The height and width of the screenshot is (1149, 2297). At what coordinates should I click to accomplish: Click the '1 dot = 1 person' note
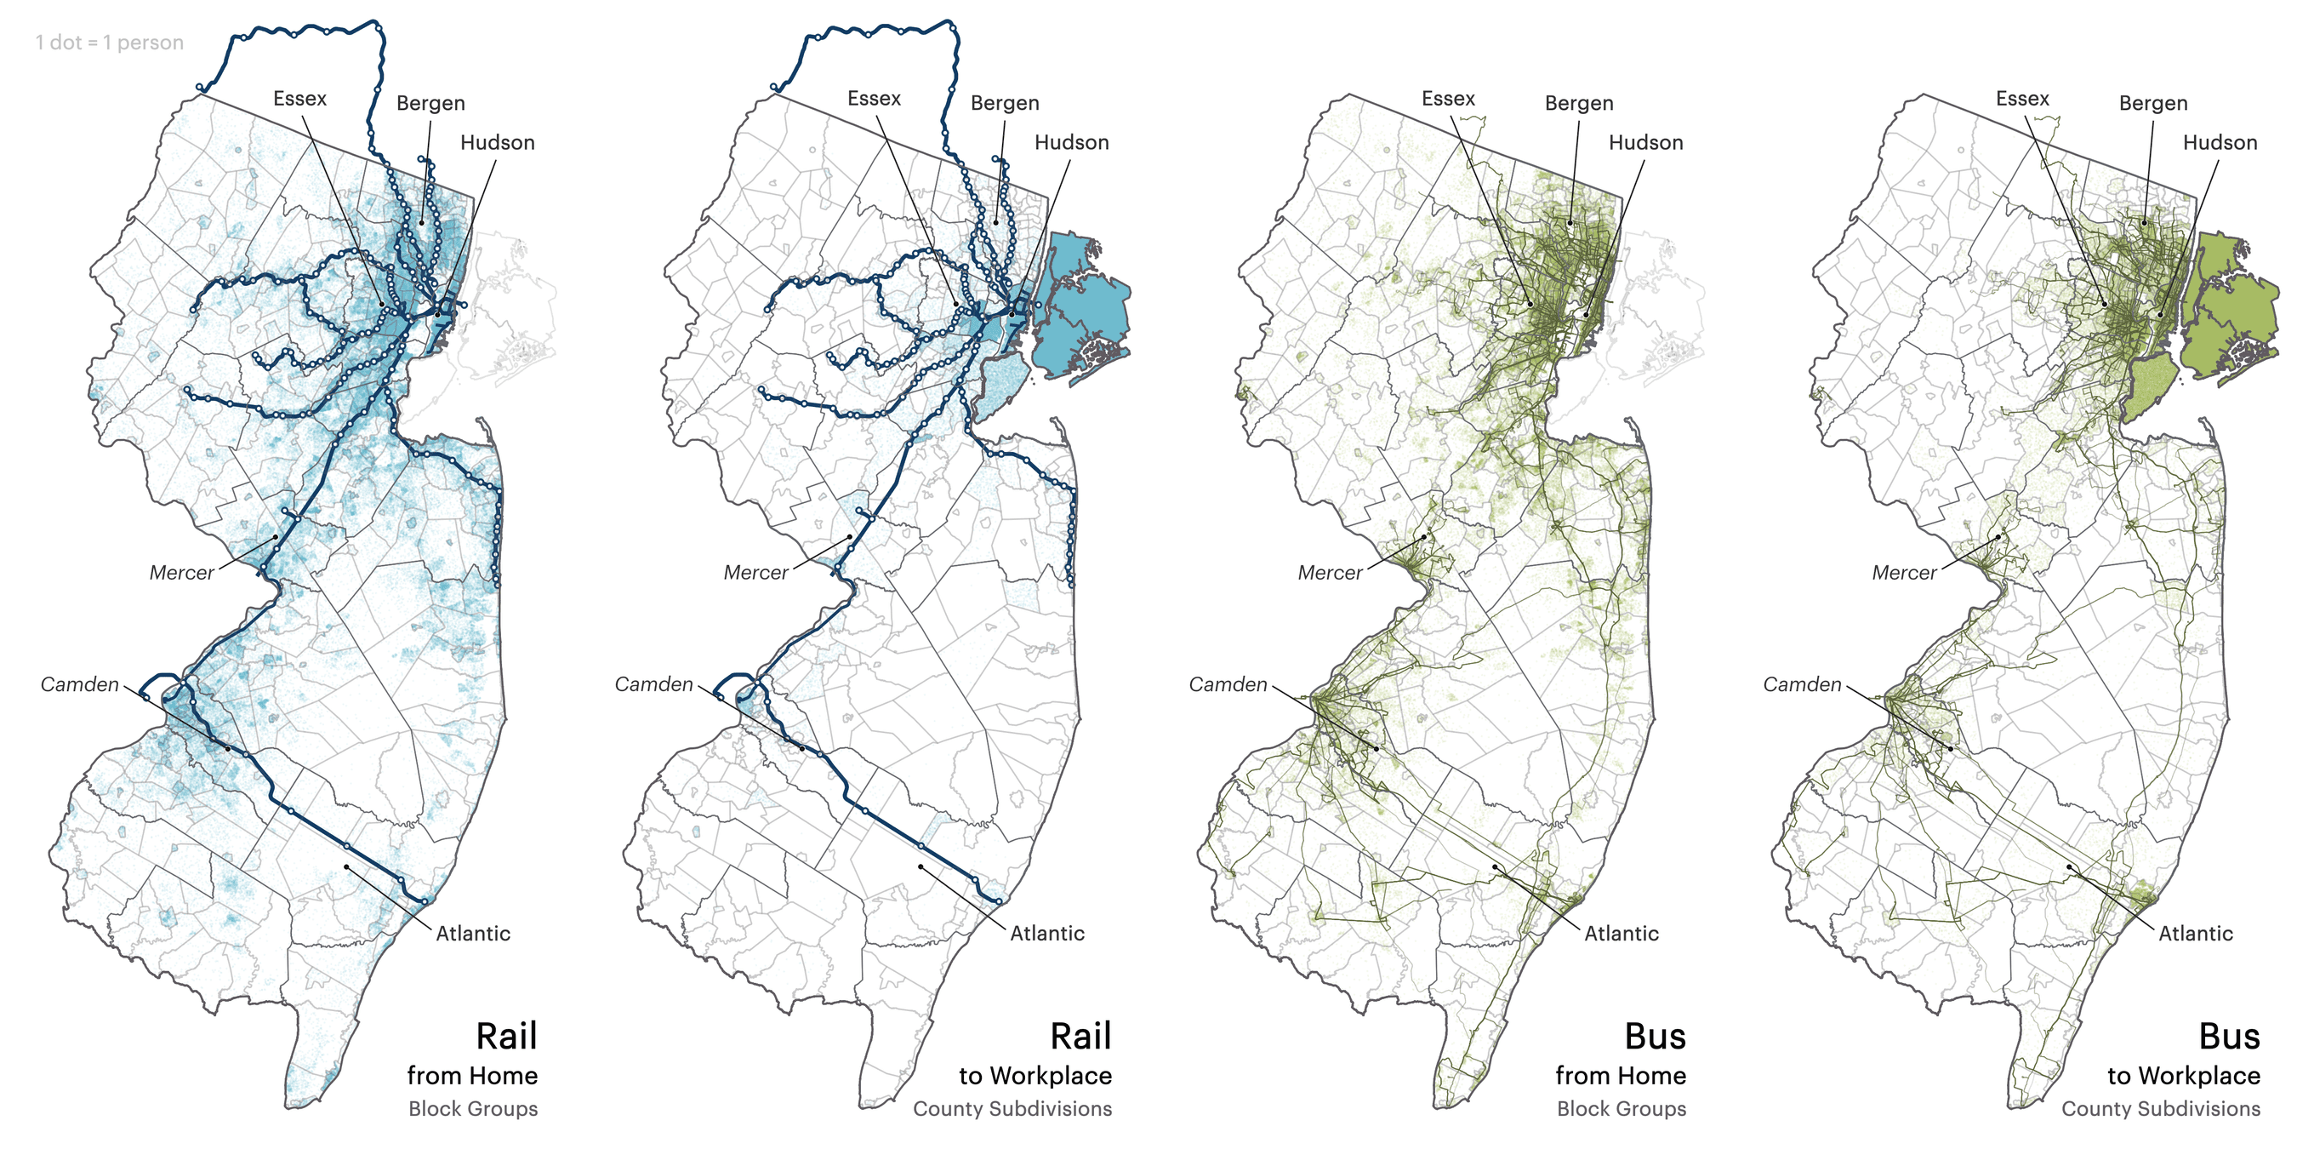point(109,42)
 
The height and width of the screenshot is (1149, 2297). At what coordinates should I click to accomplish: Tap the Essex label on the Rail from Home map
point(299,98)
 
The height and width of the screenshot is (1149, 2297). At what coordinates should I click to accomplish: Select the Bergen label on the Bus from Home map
point(1578,103)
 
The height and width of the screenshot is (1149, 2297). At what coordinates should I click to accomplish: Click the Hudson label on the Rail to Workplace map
point(1071,143)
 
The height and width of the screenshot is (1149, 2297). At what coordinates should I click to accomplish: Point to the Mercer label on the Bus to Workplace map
point(1904,573)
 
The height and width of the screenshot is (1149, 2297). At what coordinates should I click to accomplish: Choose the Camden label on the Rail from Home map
point(79,684)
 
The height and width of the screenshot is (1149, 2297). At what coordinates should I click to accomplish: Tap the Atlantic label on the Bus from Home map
point(1622,933)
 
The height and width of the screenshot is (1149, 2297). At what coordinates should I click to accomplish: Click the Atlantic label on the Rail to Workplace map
point(1047,933)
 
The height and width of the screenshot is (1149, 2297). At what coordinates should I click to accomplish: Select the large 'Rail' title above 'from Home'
point(505,1037)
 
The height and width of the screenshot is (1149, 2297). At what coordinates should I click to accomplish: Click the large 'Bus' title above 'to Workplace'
point(2228,1037)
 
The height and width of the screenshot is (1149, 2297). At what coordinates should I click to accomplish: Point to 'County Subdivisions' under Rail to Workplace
point(1012,1109)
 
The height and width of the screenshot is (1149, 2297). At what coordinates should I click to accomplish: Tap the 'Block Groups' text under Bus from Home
point(1622,1109)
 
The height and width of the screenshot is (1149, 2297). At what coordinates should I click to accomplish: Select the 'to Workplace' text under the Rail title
point(1035,1076)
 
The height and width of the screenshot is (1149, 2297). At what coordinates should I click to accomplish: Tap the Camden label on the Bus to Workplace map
point(1802,684)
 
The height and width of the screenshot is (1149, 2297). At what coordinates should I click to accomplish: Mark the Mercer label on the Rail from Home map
point(181,573)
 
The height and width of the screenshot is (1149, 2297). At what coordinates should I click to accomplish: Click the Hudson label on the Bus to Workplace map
point(2220,143)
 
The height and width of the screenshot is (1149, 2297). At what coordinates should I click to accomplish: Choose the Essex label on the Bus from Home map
point(1448,98)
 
